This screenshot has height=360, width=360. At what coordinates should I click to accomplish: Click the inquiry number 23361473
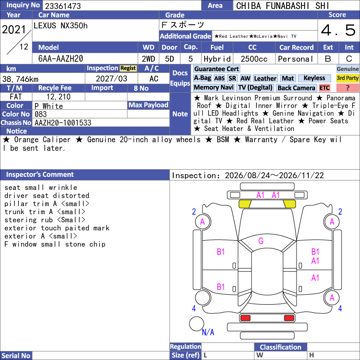pos(63,6)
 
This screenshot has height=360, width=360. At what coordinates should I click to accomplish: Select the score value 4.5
pos(338,30)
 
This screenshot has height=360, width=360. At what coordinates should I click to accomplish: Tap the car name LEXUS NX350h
pos(61,26)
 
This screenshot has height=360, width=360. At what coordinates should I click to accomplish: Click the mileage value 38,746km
pos(20,79)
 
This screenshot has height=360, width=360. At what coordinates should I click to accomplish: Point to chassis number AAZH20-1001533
pos(63,123)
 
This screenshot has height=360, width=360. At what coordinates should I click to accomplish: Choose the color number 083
pos(40,114)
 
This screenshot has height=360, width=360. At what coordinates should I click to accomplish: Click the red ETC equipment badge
pos(324,88)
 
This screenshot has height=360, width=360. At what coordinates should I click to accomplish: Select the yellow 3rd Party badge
pos(347,78)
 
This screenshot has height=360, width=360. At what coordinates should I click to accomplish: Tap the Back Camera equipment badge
pos(296,88)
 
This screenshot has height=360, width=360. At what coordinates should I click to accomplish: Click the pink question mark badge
pos(347,88)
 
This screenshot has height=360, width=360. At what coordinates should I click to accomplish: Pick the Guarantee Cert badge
pos(216,69)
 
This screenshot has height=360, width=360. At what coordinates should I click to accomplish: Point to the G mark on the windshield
pos(261,241)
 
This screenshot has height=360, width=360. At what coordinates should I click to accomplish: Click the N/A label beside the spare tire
pos(208,332)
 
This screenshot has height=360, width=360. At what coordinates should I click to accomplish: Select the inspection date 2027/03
pos(111,79)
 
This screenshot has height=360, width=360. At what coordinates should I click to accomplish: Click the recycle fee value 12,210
pos(58,97)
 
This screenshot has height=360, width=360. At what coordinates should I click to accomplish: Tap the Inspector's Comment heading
pos(40,175)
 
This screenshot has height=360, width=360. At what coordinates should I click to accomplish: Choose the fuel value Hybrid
pos(217,59)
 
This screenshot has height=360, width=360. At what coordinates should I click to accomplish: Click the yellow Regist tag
pos(128,68)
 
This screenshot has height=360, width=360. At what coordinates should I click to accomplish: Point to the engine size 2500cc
pos(254,59)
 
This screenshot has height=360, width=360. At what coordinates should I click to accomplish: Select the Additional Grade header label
pos(185,36)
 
